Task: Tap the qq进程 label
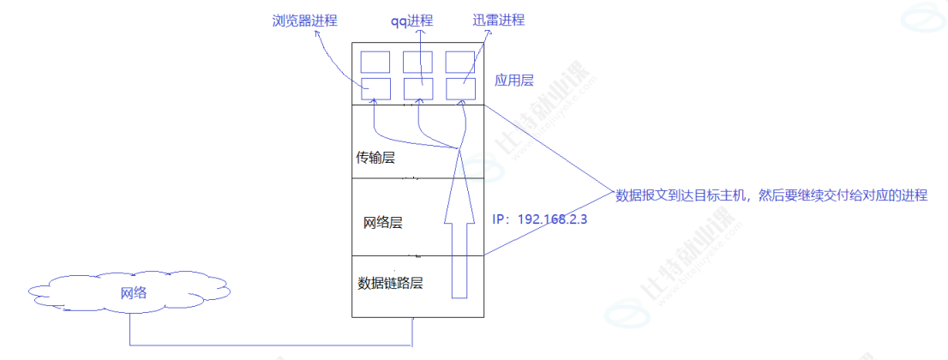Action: coord(417,20)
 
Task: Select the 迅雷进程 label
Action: coord(498,20)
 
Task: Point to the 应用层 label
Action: coord(514,81)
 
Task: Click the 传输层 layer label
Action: coord(376,158)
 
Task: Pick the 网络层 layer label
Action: coord(383,223)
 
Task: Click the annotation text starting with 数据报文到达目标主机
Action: coord(771,195)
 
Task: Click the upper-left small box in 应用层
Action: coord(375,62)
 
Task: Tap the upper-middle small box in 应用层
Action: coord(417,62)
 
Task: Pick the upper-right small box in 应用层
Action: coord(459,62)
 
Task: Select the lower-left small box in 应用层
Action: coord(375,88)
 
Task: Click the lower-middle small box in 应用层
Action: coord(417,88)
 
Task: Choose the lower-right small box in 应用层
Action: coord(459,88)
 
